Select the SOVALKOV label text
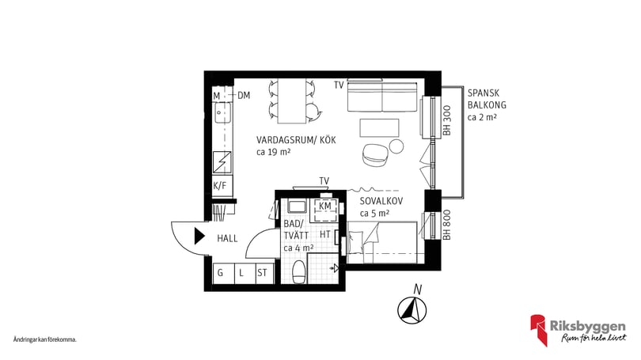coord(381,201)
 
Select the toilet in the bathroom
coord(299,274)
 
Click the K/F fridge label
coord(220,186)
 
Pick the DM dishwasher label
coord(243,96)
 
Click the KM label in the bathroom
coord(325,207)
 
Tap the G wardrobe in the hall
coord(221,274)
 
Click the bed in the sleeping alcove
coord(381,241)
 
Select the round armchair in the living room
coord(373,154)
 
